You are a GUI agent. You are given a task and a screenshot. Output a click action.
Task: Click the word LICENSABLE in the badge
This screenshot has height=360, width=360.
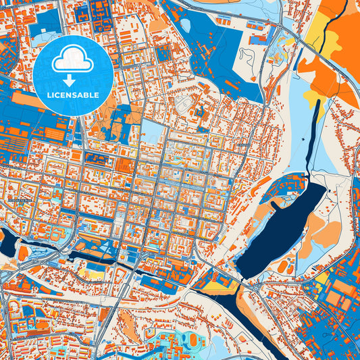pos(73,95)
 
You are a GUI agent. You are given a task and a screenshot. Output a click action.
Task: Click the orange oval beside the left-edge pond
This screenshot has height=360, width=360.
pos(24,253)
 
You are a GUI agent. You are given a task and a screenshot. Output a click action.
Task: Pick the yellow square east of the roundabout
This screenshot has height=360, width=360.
pos(323,278)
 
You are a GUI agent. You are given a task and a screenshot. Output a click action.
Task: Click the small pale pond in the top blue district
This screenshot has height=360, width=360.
pos(185,26)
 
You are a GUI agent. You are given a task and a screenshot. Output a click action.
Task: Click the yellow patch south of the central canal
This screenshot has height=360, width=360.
pos(91,274)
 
